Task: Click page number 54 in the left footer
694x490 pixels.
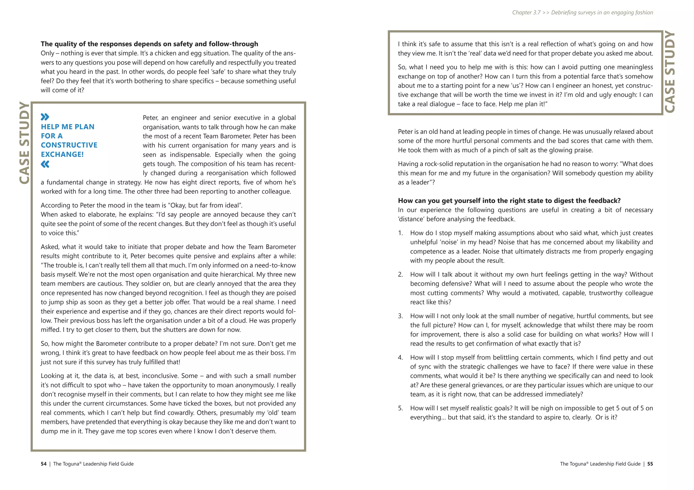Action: (x=43, y=464)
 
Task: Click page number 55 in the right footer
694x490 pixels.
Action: (x=650, y=464)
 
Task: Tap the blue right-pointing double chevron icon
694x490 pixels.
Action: (x=45, y=117)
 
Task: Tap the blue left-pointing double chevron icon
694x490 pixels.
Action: (x=45, y=164)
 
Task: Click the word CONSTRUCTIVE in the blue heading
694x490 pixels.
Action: (x=69, y=145)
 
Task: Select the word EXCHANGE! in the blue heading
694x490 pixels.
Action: (x=62, y=154)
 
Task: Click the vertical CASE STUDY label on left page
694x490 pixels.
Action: (x=24, y=143)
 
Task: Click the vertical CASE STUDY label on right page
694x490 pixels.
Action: (x=670, y=72)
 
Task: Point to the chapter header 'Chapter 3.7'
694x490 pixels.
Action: (x=526, y=13)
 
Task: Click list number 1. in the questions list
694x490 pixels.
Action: (x=401, y=233)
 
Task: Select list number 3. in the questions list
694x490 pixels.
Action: (x=401, y=316)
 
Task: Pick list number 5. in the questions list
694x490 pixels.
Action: (x=401, y=408)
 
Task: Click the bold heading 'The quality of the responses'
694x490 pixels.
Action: (x=149, y=44)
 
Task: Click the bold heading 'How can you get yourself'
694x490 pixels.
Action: (x=509, y=201)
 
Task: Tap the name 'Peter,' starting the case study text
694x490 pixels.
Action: (x=150, y=118)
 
